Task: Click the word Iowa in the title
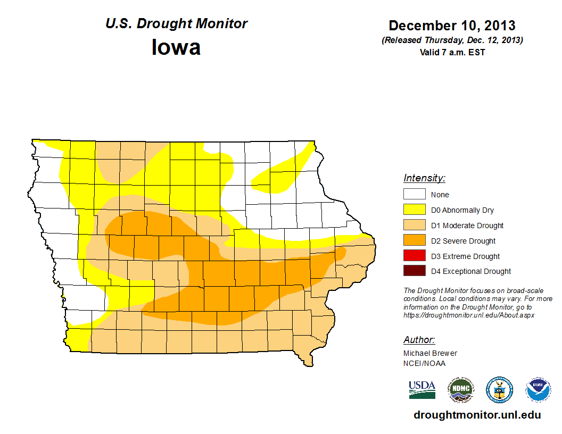point(176,47)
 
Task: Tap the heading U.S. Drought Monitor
point(177,24)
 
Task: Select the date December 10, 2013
point(452,26)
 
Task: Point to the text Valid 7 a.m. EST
point(452,52)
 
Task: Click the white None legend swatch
point(414,195)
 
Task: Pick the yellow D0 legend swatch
point(414,210)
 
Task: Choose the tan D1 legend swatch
point(414,226)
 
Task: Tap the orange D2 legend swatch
point(414,241)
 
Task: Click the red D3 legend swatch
point(414,256)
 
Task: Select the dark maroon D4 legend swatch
point(414,271)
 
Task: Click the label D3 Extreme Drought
point(465,256)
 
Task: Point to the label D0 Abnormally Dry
point(462,210)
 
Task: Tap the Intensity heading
point(424,178)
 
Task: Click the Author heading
point(419,340)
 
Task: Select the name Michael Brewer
point(430,353)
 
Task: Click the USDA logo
point(422,390)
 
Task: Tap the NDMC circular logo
point(460,390)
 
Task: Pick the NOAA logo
point(538,390)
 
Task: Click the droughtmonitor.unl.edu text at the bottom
point(477,415)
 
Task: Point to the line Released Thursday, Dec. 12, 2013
point(452,40)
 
